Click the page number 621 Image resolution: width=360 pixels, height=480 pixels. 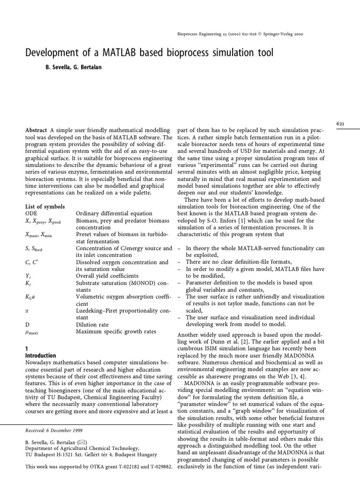point(341,123)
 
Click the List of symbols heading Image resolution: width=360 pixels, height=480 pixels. point(45,207)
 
